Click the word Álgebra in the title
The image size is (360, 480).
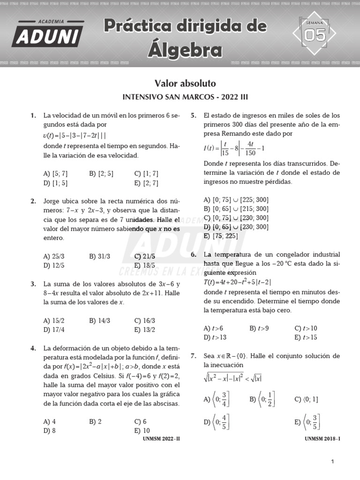click(x=185, y=49)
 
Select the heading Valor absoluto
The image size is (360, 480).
click(x=185, y=83)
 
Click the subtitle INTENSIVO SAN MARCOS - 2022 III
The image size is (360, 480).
click(x=185, y=97)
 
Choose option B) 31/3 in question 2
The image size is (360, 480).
click(x=99, y=256)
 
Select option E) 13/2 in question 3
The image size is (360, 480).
click(x=144, y=330)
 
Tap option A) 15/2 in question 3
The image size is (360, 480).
click(x=53, y=321)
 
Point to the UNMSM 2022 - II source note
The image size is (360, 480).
click(x=161, y=439)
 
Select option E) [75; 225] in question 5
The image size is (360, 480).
click(x=221, y=236)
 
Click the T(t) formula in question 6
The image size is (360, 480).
click(x=238, y=282)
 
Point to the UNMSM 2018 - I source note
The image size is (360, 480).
click(x=322, y=439)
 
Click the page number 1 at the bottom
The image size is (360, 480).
click(x=332, y=462)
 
